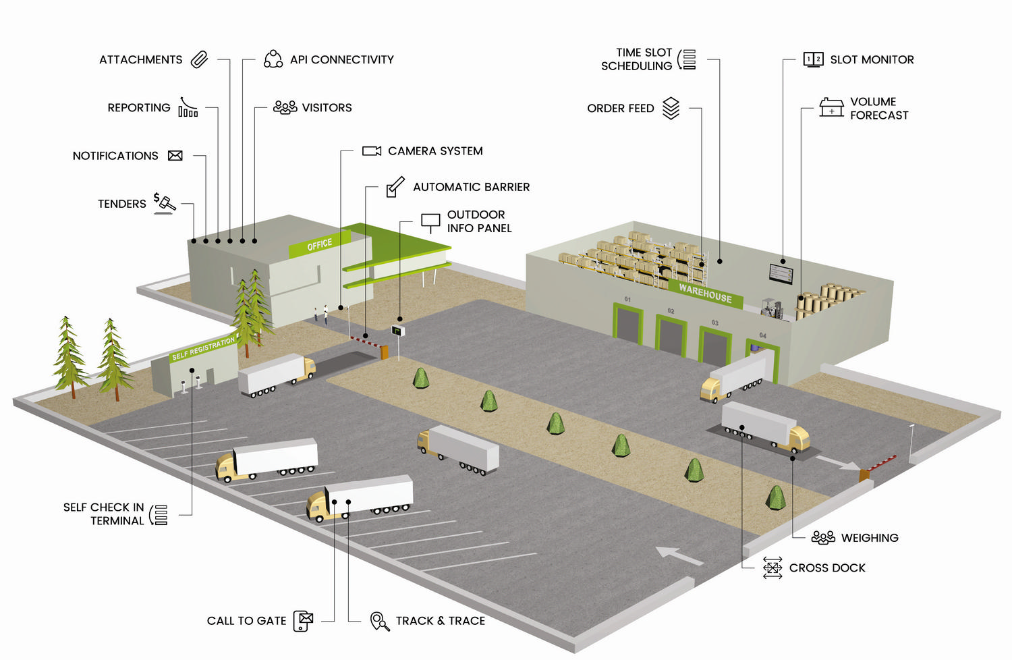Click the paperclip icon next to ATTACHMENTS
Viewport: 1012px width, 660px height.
point(199,59)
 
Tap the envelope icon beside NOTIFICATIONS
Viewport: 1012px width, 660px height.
point(175,156)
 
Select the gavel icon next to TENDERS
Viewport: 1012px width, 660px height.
point(164,202)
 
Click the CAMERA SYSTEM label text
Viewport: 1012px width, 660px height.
point(435,151)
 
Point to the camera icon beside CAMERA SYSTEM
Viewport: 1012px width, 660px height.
point(371,151)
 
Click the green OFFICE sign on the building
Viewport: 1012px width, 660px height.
point(319,244)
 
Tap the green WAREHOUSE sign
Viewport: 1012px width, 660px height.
point(705,294)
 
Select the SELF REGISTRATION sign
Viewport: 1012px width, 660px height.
point(202,348)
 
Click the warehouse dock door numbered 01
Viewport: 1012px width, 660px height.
point(628,324)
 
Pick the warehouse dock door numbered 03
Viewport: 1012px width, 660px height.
point(714,346)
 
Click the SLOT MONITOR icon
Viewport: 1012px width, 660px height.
point(813,59)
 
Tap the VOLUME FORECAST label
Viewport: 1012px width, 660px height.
point(878,109)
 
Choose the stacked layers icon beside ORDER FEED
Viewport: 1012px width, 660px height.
point(671,108)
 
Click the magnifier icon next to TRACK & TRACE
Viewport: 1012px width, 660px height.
point(380,621)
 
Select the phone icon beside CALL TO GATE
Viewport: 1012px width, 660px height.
point(304,621)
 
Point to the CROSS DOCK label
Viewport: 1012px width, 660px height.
point(827,568)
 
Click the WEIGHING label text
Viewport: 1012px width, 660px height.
point(870,538)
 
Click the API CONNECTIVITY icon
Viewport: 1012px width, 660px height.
point(273,59)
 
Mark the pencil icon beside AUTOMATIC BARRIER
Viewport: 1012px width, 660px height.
point(395,187)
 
